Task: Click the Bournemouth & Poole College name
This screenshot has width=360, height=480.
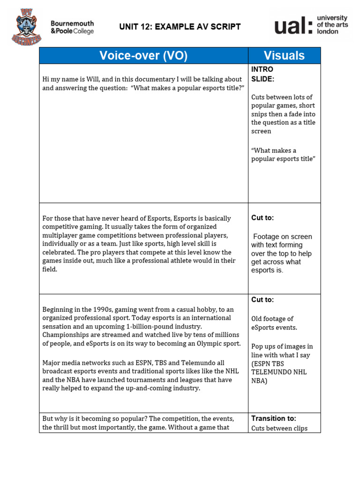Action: point(72,27)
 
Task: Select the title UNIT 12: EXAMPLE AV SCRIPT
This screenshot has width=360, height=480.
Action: point(180,27)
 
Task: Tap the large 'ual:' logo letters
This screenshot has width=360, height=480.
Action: point(292,25)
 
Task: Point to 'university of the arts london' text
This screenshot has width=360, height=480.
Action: point(332,24)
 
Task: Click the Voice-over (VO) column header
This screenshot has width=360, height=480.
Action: point(143,56)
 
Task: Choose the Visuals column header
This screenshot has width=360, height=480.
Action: point(284,56)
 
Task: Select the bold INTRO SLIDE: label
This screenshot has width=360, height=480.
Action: point(263,74)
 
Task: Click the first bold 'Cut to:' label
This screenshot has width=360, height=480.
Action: point(262,218)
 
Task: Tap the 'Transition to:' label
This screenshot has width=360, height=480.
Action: point(274,418)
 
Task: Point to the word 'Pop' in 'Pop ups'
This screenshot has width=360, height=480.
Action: point(258,346)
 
